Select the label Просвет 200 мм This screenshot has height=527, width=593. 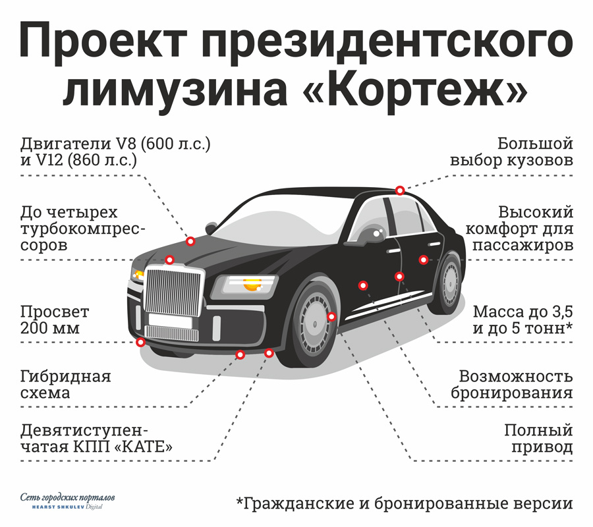[x=55, y=320]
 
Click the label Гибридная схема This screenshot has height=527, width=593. [x=65, y=385]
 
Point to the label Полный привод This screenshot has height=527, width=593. [x=538, y=439]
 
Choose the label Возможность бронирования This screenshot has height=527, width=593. [x=512, y=385]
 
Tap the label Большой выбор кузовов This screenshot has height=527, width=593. [x=512, y=152]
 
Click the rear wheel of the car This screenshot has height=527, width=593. [x=449, y=282]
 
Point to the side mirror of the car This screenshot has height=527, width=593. [x=370, y=235]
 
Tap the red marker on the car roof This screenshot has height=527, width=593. [x=400, y=190]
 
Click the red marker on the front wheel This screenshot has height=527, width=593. [x=331, y=316]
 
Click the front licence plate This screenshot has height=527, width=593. [x=170, y=320]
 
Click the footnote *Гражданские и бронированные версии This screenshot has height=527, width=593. [x=405, y=503]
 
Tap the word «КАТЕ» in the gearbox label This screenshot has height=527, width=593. [x=143, y=447]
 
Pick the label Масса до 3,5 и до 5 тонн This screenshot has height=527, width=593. [x=522, y=320]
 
